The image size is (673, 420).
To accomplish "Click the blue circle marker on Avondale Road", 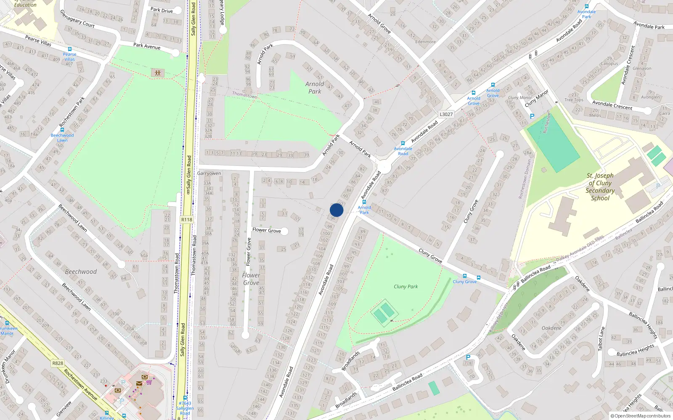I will tap(336, 210).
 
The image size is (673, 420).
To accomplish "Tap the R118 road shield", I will tap(186, 220).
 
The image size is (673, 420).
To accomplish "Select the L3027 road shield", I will tap(446, 114).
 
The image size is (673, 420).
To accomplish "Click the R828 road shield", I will tap(58, 363).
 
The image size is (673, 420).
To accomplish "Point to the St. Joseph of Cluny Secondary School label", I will tap(600, 187).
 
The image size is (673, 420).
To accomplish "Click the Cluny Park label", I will tap(405, 286).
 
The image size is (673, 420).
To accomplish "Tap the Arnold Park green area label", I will tap(315, 87).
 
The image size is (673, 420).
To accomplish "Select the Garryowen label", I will tap(209, 173).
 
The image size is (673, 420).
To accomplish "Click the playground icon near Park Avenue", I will tap(158, 73).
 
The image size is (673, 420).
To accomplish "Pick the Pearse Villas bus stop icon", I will tap(70, 49).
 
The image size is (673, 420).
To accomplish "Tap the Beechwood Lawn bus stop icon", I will tap(62, 130).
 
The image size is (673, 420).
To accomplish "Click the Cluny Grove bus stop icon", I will tap(465, 276).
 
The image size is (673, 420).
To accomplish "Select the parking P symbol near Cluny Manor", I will tap(532, 116).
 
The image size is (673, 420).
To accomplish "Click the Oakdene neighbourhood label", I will tap(551, 328).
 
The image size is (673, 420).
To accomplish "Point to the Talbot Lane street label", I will tap(602, 339).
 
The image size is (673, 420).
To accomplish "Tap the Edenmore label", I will tap(425, 42).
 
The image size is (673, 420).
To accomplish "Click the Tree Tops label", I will tap(574, 100).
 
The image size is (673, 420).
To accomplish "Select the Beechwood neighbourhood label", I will tap(81, 272).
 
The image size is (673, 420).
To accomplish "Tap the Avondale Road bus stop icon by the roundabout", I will tap(403, 143).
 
